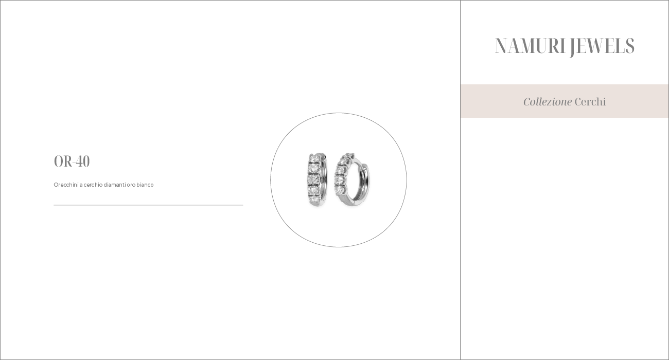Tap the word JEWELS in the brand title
point(601,47)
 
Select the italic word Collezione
point(548,102)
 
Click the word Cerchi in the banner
point(590,102)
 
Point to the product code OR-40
point(72,161)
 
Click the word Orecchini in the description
point(66,185)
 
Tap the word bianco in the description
point(145,185)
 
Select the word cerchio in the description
point(93,185)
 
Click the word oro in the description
point(131,185)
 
